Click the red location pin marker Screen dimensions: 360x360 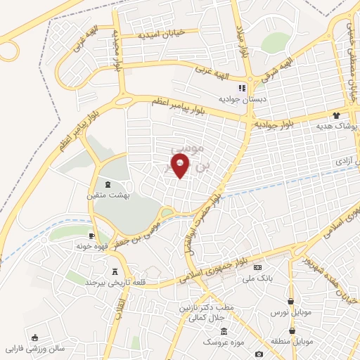(181, 166)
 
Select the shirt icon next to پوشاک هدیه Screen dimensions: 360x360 (337, 115)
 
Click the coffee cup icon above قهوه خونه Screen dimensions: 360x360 (92, 236)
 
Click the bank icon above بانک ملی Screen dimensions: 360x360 (257, 268)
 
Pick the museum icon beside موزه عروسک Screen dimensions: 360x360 (224, 331)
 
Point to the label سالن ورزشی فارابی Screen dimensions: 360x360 (35, 348)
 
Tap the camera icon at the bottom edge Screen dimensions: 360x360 (259, 354)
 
